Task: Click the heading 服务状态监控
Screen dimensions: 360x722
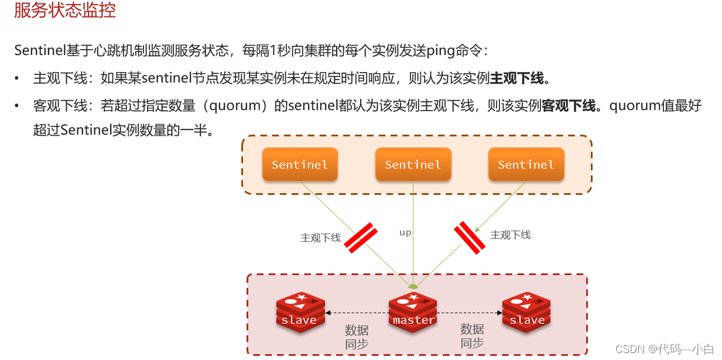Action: click(x=65, y=10)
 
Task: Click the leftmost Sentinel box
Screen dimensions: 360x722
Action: click(x=300, y=164)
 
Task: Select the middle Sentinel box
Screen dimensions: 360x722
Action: click(x=413, y=164)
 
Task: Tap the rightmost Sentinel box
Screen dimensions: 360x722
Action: click(x=526, y=164)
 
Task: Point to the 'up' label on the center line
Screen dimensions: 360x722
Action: click(x=405, y=232)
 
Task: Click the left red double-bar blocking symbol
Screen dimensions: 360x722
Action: click(x=360, y=238)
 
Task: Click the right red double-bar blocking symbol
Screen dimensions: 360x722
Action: click(x=470, y=238)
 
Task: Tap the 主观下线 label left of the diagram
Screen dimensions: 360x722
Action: click(x=320, y=238)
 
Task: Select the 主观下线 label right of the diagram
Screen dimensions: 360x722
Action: click(x=511, y=235)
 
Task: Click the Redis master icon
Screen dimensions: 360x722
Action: click(x=413, y=312)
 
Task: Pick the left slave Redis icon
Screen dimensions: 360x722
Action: click(x=300, y=312)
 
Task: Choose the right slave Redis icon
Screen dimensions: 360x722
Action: click(x=526, y=312)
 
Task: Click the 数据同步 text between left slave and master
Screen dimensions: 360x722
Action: click(x=357, y=337)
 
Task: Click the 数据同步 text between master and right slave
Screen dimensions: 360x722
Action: click(x=472, y=337)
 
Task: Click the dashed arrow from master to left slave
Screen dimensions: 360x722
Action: click(x=357, y=313)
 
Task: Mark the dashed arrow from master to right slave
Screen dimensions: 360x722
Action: click(x=470, y=313)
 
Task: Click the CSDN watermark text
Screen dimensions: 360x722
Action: click(x=665, y=349)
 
